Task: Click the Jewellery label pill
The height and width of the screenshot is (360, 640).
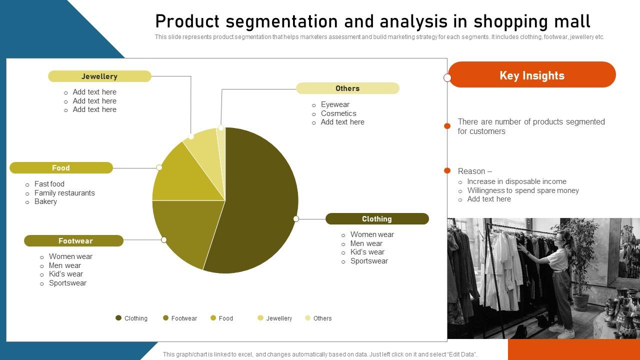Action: (99, 76)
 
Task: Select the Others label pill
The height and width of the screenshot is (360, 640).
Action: (347, 88)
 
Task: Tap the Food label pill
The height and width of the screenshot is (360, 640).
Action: (61, 168)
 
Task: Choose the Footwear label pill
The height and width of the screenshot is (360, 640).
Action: (73, 241)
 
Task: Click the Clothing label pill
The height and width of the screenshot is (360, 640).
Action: (377, 219)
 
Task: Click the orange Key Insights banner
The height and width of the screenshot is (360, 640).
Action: (532, 75)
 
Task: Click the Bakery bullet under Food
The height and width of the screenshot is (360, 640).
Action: (45, 201)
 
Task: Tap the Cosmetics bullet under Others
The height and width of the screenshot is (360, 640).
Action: (338, 113)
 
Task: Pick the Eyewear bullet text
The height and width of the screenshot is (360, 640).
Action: (335, 104)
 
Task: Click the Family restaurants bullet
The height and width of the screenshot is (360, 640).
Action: (64, 193)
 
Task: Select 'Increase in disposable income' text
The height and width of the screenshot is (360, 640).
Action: (516, 181)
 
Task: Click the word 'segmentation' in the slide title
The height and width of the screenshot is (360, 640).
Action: (282, 21)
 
